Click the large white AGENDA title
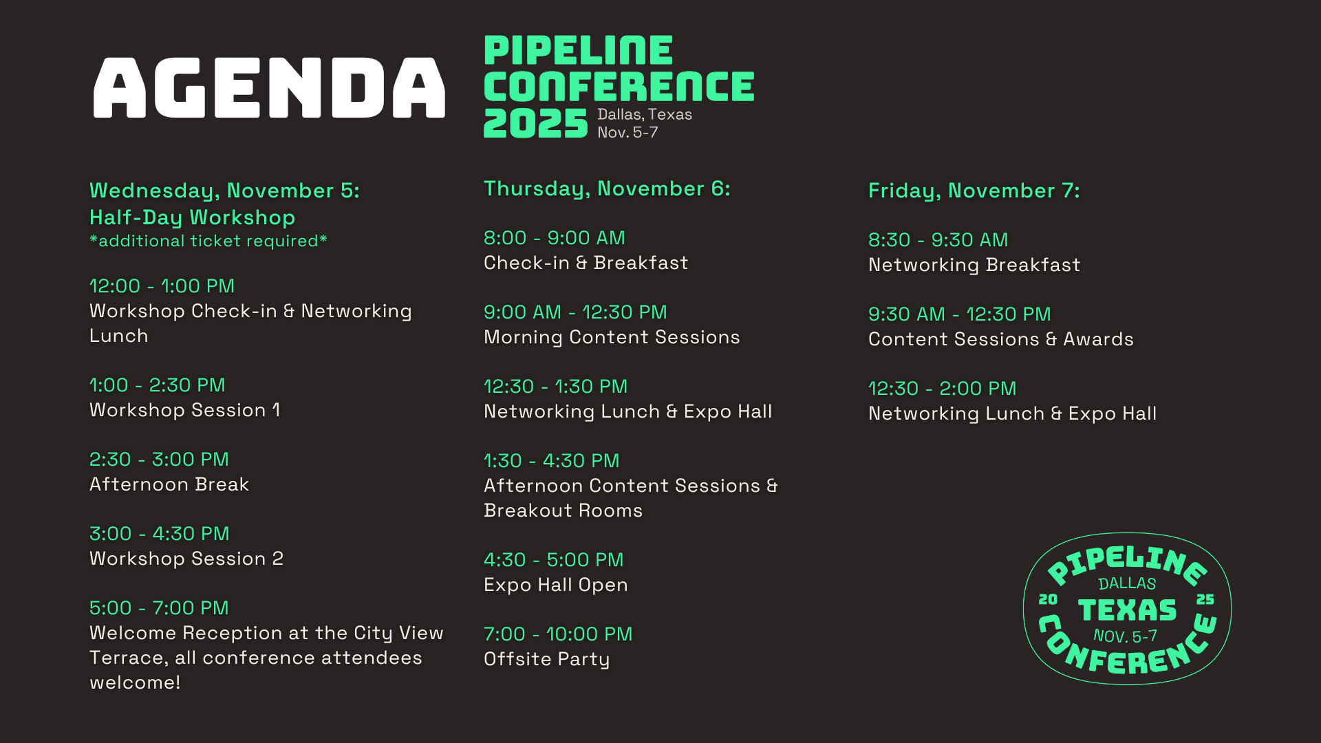[269, 87]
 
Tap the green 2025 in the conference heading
[535, 124]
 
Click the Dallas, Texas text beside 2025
[645, 114]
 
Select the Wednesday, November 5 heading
[224, 191]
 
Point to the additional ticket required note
[208, 241]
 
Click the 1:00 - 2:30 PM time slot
[158, 385]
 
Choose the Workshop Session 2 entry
[186, 559]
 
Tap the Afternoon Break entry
[169, 484]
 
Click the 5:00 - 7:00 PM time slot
[159, 608]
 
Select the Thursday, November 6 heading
[607, 189]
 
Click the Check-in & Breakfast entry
[586, 263]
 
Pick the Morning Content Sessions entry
[612, 337]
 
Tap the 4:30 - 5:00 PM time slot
[554, 560]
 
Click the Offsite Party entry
[547, 659]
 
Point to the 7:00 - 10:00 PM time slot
[558, 634]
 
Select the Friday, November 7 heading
[974, 191]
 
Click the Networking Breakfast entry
[974, 265]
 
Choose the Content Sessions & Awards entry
[1001, 339]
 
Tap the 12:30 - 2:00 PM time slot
[943, 389]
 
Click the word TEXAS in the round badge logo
[1127, 610]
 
